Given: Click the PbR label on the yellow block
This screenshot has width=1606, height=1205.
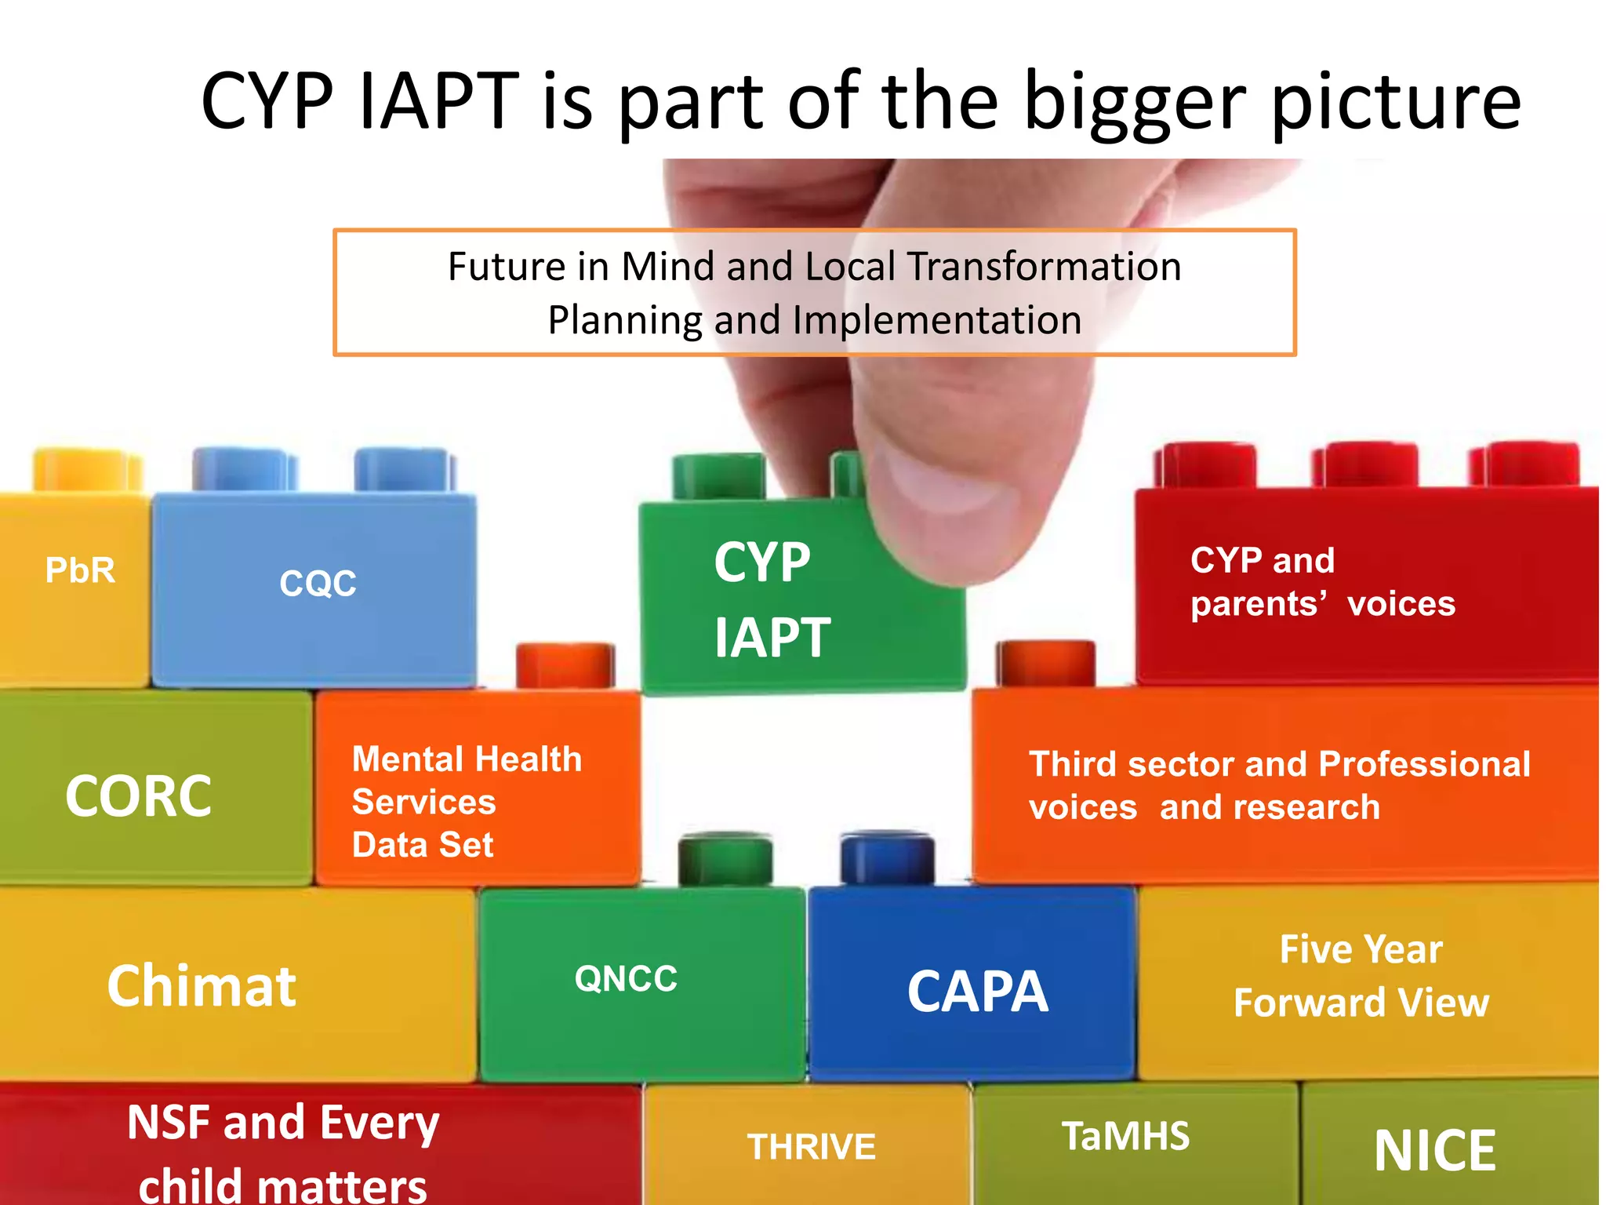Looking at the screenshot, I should tap(80, 570).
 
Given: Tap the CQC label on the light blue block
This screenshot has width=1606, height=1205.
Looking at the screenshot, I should tap(318, 584).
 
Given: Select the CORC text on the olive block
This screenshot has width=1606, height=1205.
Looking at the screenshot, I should tap(138, 796).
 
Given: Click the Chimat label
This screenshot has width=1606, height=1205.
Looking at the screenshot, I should tap(202, 986).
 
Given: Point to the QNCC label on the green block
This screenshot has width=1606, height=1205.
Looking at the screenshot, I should tap(626, 979).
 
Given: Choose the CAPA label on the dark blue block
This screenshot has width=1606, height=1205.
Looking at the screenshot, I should tap(977, 992).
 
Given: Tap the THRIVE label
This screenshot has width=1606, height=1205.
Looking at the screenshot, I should tap(811, 1147).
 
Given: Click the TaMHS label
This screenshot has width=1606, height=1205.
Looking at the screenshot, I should tap(1125, 1136).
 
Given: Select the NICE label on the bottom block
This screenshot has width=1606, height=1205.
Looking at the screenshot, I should tap(1435, 1151).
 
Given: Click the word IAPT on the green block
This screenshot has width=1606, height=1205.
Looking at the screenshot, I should tap(772, 637).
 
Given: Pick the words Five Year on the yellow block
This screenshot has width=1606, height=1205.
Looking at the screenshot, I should tap(1361, 949).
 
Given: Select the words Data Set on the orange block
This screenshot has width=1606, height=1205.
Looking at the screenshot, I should tap(423, 845).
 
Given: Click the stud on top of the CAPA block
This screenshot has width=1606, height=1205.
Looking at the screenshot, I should tap(887, 858).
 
